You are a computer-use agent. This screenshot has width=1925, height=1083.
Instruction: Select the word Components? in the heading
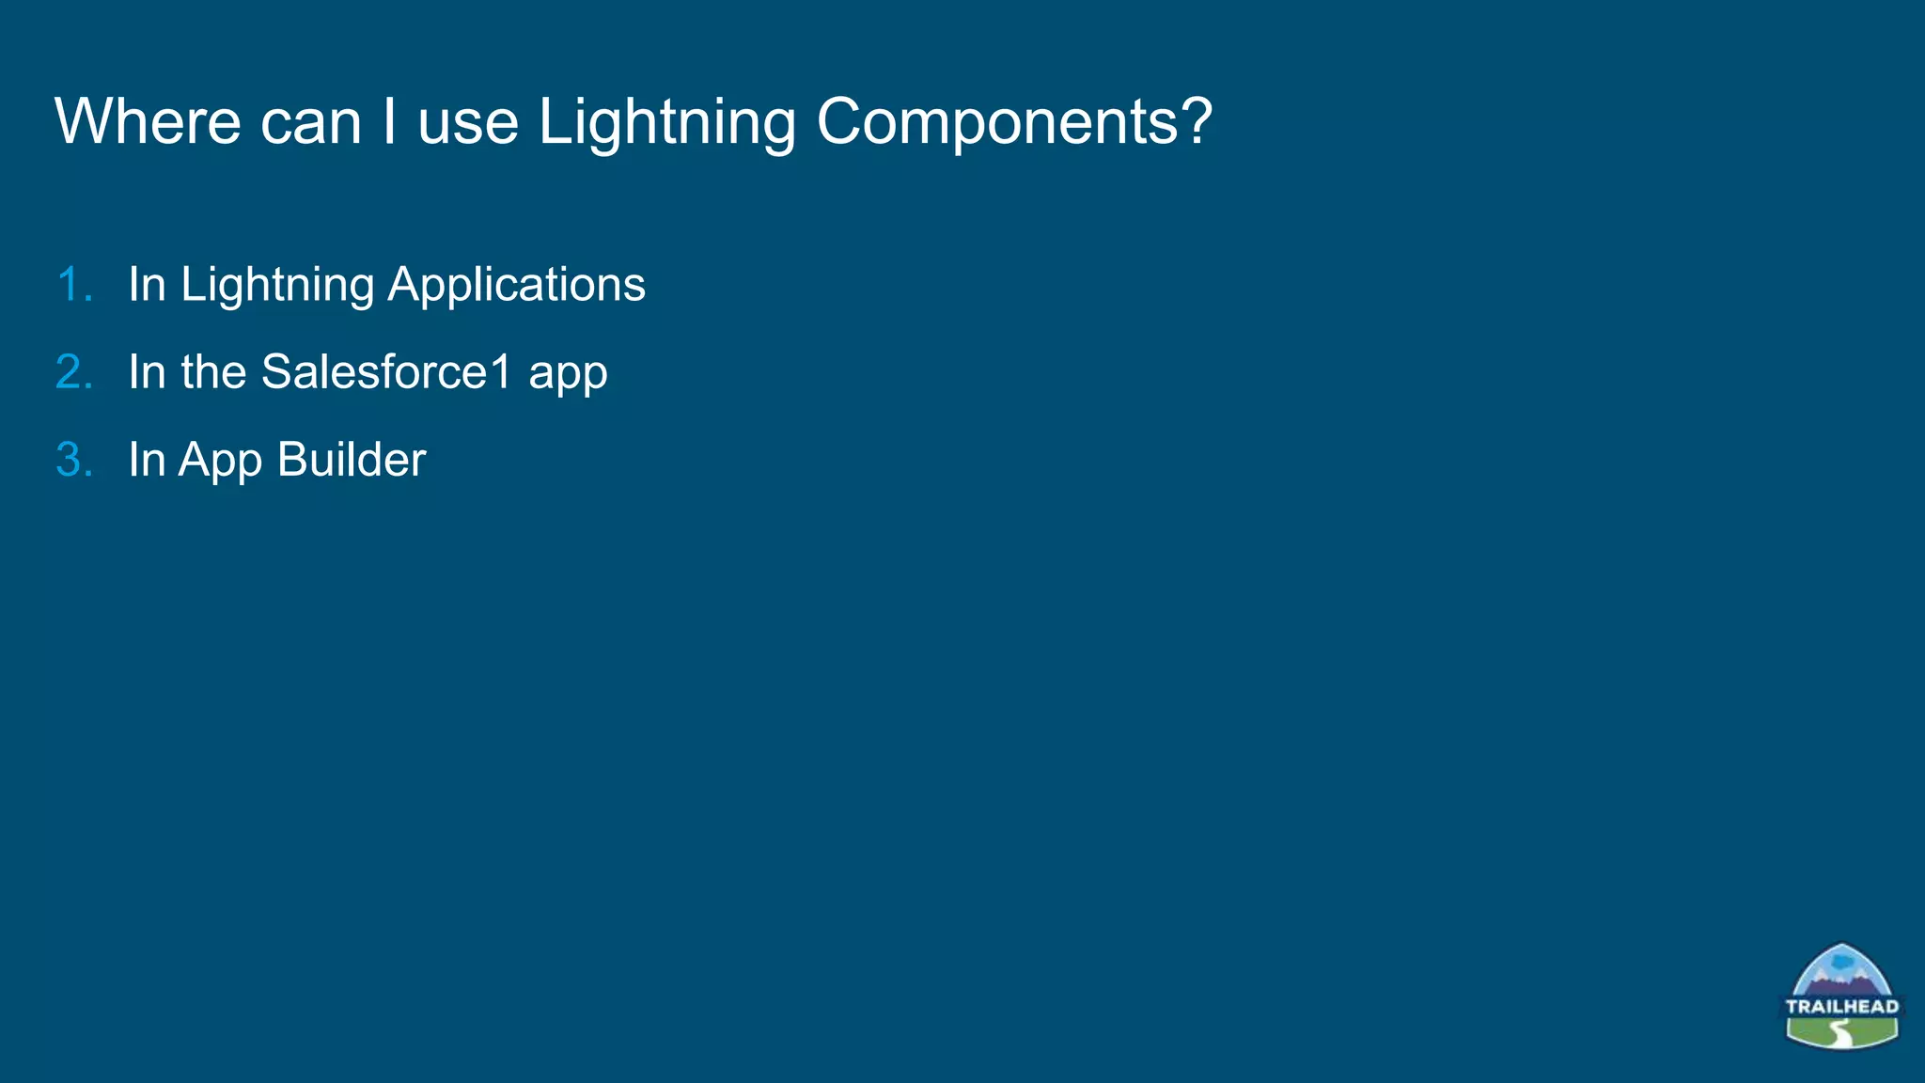[x=1014, y=122]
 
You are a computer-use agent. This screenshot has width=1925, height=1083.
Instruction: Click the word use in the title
[x=467, y=122]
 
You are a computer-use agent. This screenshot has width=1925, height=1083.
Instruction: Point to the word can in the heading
[x=310, y=122]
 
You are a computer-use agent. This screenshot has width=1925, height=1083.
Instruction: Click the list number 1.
[x=74, y=285]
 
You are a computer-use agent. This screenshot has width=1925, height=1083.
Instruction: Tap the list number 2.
[x=74, y=372]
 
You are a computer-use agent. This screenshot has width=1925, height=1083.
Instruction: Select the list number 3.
[x=74, y=461]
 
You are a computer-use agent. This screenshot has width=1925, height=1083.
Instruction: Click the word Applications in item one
[x=516, y=285]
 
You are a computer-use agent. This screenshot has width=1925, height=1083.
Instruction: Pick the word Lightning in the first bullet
[x=277, y=285]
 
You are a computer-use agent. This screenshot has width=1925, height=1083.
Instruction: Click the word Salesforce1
[x=386, y=372]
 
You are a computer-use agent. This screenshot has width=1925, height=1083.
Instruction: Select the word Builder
[x=352, y=461]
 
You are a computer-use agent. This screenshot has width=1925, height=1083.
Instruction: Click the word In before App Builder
[x=147, y=461]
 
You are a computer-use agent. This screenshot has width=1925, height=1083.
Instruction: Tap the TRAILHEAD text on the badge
[x=1841, y=1007]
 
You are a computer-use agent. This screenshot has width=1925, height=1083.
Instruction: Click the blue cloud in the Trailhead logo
[x=1843, y=964]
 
